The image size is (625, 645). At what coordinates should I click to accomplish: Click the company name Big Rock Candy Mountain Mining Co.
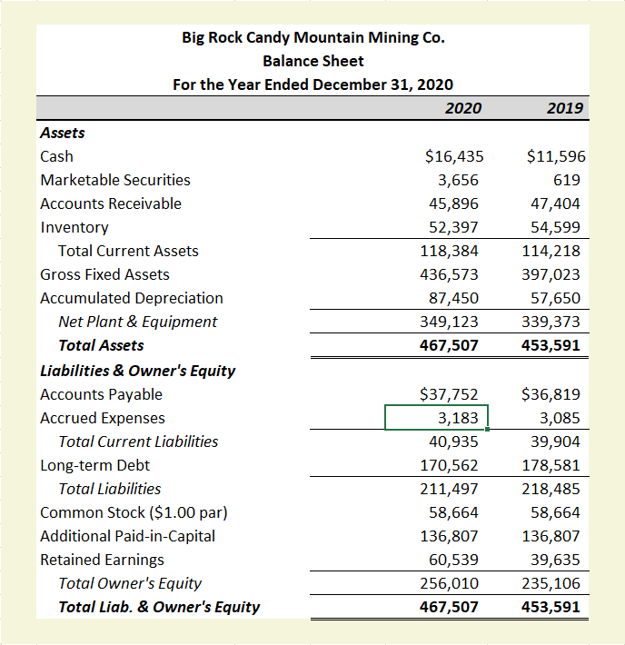pos(313,37)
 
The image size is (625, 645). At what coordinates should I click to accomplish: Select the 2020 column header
pos(463,109)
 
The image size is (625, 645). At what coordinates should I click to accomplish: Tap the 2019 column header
pos(565,109)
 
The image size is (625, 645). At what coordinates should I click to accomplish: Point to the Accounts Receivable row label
pos(111,203)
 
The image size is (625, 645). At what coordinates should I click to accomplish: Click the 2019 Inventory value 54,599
pos(555,227)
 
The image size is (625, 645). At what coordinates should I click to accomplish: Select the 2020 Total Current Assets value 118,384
pos(453,251)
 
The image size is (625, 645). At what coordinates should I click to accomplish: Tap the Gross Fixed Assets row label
pos(104,274)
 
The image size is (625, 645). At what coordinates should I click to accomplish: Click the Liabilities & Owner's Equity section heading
pos(138,371)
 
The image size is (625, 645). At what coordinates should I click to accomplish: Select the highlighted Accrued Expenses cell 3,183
pos(437,418)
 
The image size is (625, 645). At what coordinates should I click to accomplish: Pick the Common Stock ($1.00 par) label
pos(134,512)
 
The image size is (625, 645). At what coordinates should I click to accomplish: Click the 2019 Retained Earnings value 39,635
pos(555,560)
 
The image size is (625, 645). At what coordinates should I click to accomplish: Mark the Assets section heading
pos(63,133)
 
